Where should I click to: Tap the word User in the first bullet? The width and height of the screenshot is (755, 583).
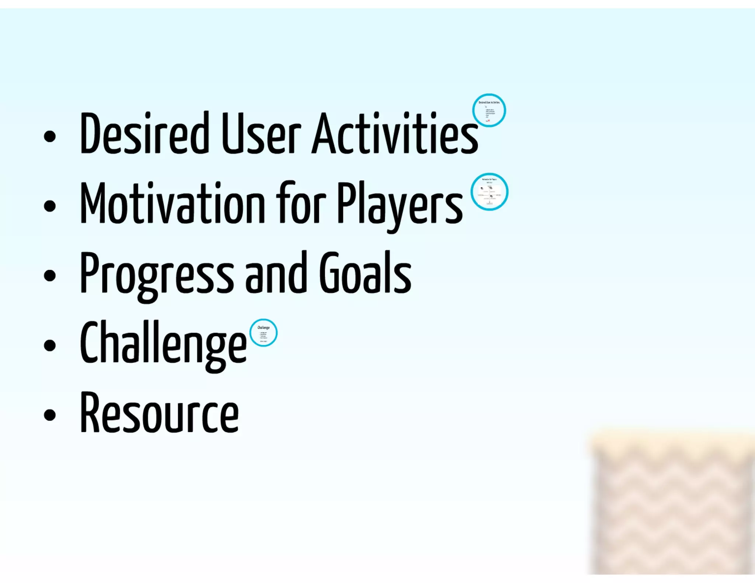[261, 133]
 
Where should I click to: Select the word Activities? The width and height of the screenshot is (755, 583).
[394, 133]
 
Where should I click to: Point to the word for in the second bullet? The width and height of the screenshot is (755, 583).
[300, 203]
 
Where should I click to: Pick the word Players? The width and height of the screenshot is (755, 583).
[400, 205]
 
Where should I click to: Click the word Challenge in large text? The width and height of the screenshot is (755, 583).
[163, 343]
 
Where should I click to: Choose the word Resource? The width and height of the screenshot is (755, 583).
[159, 413]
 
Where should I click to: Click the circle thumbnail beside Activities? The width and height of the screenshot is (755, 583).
[489, 110]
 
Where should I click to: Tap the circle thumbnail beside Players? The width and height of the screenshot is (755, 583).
[489, 192]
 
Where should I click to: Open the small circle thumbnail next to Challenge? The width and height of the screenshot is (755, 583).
[263, 333]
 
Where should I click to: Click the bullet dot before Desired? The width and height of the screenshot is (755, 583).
[49, 136]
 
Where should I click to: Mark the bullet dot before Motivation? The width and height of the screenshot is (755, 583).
[49, 206]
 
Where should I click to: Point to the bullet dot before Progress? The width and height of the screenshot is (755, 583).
[49, 276]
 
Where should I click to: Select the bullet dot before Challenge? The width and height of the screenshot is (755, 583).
[49, 346]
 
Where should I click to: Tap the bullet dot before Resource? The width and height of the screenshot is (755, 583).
[49, 415]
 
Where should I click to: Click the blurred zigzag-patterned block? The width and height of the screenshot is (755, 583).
[673, 505]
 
